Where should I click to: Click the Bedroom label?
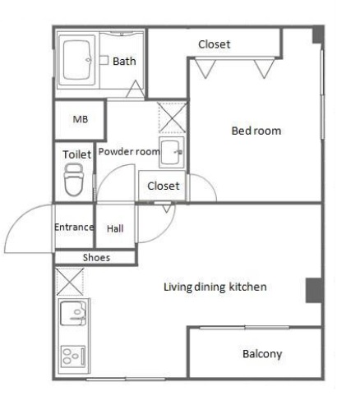256,131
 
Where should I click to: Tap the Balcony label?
262,354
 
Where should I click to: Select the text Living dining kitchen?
215,287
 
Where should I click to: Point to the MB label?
81,119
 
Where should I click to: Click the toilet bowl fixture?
74,179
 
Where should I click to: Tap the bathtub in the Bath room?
76,60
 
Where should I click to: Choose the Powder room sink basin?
171,152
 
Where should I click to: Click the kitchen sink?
73,313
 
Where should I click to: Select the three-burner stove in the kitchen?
73,356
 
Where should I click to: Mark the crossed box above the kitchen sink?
70,282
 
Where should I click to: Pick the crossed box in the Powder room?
172,117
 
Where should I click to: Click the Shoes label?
96,258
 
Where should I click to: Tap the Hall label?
115,228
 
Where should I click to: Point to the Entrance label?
74,227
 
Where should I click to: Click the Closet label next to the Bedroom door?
164,186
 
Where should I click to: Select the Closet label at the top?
215,44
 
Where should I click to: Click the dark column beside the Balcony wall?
314,290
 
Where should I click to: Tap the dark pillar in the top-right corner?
318,34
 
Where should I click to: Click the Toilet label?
77,154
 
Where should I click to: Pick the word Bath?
124,61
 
